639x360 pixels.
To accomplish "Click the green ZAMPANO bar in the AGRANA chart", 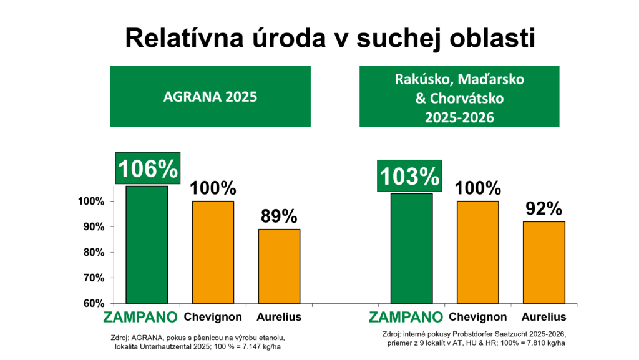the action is (x=147, y=245).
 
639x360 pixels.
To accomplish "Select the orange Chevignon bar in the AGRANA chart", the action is (x=213, y=252).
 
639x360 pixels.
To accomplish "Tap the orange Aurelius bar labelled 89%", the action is (x=279, y=266).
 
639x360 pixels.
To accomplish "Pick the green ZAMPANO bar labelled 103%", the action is (x=412, y=248).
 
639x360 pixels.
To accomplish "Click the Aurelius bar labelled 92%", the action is (x=544, y=262).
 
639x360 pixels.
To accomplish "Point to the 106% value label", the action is (x=148, y=168).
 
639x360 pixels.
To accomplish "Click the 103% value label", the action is (x=409, y=176).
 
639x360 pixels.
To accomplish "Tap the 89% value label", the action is (x=279, y=216).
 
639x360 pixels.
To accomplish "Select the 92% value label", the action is (x=544, y=208).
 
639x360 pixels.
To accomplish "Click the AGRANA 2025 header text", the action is (x=210, y=97).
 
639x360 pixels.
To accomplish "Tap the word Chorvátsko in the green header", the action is (x=467, y=98).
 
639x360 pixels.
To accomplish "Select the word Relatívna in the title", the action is (x=185, y=38).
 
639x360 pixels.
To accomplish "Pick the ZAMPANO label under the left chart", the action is (x=140, y=317).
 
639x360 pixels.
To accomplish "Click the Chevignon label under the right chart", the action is (x=477, y=317).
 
